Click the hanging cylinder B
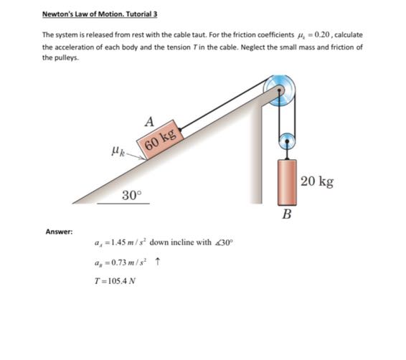click(x=287, y=181)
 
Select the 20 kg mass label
click(x=317, y=181)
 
